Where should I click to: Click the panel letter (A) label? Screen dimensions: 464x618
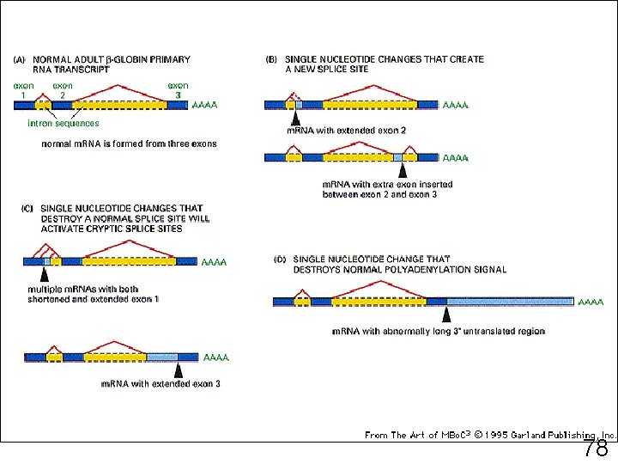(x=19, y=60)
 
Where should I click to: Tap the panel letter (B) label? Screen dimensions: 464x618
(x=272, y=60)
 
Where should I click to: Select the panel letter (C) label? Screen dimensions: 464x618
(x=26, y=209)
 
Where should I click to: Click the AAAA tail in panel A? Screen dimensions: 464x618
(x=204, y=106)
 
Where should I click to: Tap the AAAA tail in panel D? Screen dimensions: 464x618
(x=591, y=302)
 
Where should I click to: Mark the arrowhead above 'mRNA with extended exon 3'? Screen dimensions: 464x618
(x=179, y=370)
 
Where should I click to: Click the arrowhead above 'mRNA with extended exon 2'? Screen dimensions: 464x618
(x=294, y=119)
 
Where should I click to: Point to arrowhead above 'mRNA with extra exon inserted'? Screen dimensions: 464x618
(x=403, y=170)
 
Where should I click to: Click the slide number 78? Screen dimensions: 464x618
(x=596, y=449)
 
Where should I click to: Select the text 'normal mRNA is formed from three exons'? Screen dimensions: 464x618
(x=129, y=143)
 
